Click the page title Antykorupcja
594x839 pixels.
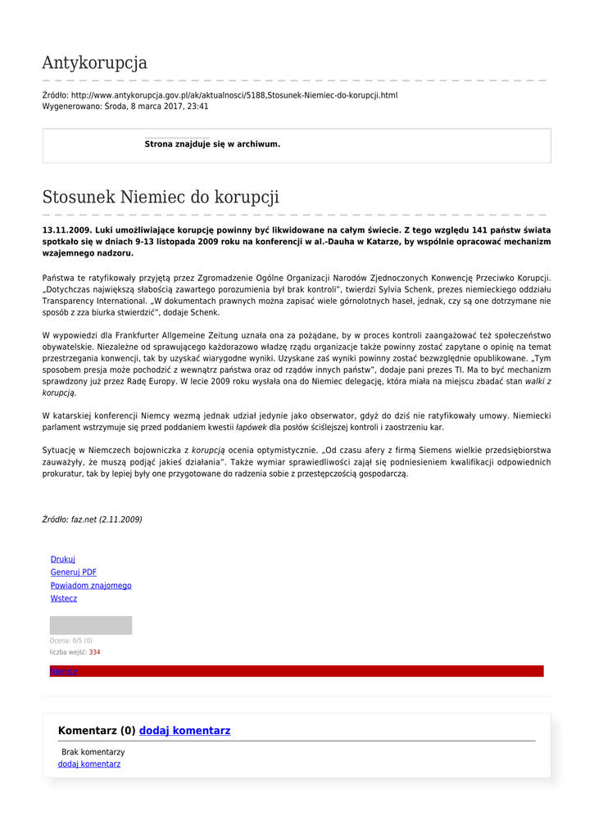click(94, 63)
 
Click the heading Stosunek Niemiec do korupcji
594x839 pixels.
click(161, 197)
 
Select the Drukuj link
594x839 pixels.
click(62, 560)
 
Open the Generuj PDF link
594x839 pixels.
click(73, 573)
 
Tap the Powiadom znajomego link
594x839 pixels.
click(90, 586)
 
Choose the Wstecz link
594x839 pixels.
click(63, 599)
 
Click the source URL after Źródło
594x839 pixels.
click(234, 96)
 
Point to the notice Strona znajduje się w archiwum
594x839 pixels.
click(212, 144)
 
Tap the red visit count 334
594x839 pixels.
click(94, 652)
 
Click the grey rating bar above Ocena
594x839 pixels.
click(90, 625)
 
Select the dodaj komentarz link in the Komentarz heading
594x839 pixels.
click(184, 731)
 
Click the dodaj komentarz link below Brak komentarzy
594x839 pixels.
click(88, 764)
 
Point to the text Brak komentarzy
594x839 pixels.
click(93, 752)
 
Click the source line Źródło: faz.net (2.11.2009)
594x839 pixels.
click(92, 519)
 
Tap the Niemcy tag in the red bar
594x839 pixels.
click(63, 672)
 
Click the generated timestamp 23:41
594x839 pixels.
click(197, 107)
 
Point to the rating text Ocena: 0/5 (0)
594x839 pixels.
click(70, 641)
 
